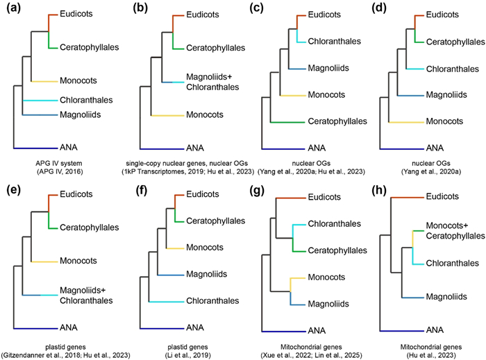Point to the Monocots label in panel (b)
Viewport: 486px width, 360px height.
click(206, 115)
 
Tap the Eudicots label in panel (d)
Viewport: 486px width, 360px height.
click(444, 14)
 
